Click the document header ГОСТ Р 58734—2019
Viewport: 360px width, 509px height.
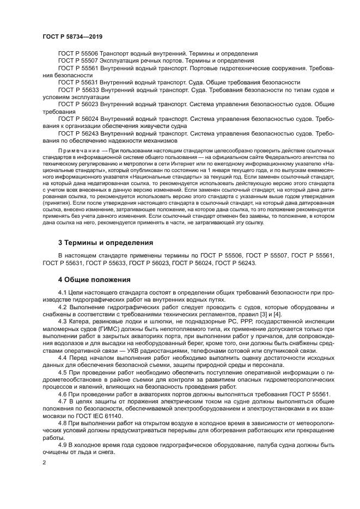click(72, 36)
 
